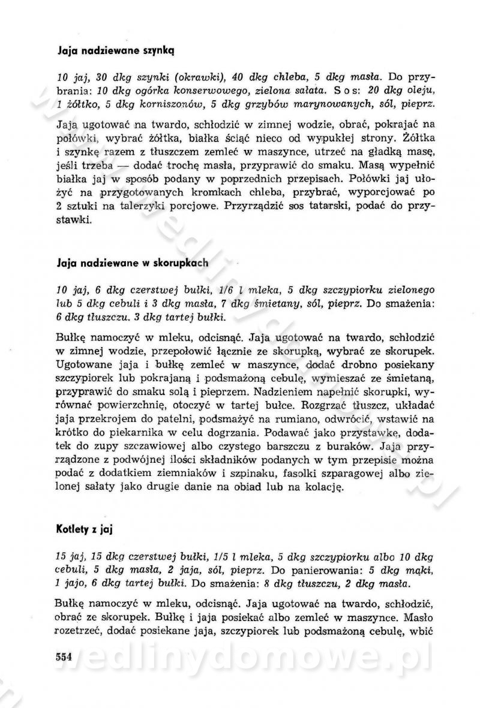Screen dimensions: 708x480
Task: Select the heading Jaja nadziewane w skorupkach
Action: (132, 263)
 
